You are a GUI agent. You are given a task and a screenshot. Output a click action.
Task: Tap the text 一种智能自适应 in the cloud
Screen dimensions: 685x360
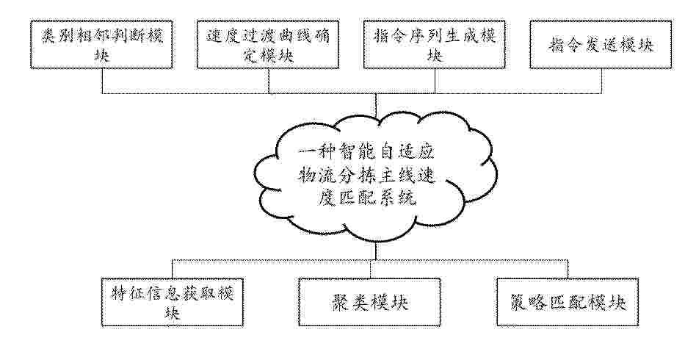366,153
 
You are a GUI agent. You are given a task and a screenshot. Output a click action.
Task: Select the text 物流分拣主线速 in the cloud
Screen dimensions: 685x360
366,176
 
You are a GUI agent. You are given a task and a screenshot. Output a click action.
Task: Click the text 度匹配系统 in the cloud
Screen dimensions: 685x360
366,198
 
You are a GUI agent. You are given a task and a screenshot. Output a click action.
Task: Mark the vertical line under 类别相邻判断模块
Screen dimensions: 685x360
102,81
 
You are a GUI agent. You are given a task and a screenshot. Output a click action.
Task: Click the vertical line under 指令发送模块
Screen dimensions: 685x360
601,81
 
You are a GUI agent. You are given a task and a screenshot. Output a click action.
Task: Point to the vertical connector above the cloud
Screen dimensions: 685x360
376,104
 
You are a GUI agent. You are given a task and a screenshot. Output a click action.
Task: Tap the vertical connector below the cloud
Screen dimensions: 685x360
376,251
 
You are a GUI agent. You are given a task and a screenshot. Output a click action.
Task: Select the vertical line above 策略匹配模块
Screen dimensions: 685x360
568,269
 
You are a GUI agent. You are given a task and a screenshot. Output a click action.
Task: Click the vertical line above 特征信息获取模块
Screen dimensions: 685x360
173,269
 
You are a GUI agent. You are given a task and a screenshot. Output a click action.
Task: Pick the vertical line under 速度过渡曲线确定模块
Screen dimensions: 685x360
268,81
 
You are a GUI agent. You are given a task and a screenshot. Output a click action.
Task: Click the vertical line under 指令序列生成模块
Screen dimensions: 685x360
435,81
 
